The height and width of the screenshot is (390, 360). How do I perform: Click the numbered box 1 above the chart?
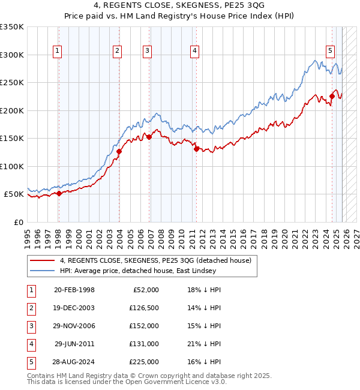[57, 52]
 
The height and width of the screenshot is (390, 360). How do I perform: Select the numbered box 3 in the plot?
[147, 52]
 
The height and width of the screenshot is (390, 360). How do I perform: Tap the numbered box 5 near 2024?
[330, 52]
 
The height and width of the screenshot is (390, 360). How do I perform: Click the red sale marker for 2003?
[119, 152]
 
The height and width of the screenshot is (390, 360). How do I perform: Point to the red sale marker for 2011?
[196, 149]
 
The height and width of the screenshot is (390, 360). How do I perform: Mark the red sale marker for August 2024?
[332, 96]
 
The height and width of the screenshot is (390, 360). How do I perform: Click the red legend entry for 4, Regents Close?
[150, 260]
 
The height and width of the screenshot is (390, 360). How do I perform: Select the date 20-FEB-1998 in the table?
[74, 290]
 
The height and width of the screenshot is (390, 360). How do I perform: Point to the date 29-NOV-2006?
[74, 326]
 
